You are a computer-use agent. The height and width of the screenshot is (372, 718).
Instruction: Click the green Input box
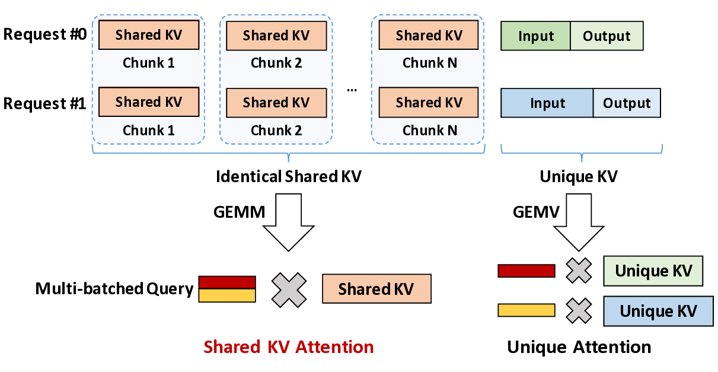coord(536,36)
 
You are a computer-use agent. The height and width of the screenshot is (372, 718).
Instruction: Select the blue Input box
coord(547,103)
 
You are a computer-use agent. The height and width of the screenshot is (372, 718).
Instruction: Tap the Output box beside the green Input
coord(607,36)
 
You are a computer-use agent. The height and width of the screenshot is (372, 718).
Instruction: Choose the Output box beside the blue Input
coord(627,103)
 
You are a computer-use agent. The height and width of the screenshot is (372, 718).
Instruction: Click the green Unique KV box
coord(653,271)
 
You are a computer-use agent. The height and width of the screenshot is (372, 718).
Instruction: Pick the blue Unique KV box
coord(658,311)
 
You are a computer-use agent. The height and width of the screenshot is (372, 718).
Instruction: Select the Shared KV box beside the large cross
coord(376,289)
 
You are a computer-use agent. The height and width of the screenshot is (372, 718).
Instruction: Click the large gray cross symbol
coord(289,290)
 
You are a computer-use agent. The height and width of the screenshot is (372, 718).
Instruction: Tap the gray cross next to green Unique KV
coord(579,271)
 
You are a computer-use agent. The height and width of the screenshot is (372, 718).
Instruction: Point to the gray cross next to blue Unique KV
coord(579,311)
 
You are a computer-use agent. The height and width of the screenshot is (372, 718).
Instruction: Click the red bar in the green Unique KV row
coord(526,271)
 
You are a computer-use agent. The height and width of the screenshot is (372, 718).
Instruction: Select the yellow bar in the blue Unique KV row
coord(526,310)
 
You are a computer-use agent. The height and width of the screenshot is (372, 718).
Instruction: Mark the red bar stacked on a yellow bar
coord(227,282)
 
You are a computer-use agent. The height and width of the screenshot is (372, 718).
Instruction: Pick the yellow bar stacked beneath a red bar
coord(227,295)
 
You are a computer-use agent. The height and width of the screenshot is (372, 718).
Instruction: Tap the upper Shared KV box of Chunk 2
coord(276,36)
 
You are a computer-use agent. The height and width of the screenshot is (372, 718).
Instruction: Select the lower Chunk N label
coord(430,131)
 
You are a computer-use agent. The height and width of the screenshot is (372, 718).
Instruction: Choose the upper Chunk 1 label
coord(149,63)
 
